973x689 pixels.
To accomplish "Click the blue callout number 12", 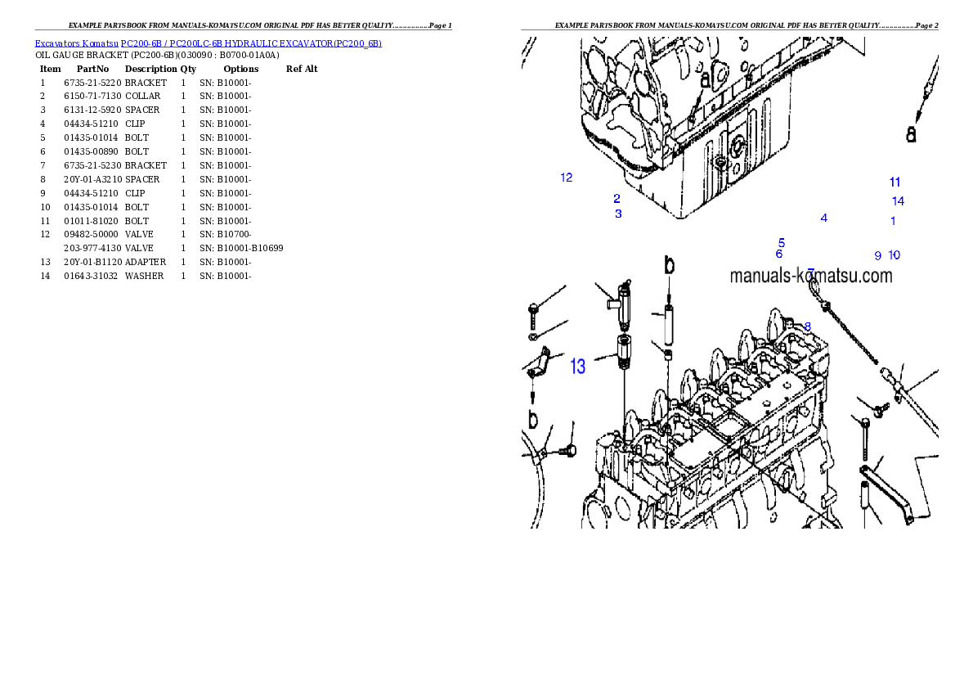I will point(566,178).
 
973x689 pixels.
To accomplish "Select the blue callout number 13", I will point(578,367).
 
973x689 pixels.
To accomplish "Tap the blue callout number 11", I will point(895,182).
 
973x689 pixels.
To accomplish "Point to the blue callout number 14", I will point(898,201).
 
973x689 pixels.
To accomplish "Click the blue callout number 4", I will point(824,218).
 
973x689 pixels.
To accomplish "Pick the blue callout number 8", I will point(807,326).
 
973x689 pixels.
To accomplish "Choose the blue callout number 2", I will point(617,198).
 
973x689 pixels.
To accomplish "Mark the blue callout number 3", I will point(618,214).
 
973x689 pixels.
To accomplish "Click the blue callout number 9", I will point(877,256).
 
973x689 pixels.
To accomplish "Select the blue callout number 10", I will point(894,255).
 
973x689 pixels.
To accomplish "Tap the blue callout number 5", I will point(782,243).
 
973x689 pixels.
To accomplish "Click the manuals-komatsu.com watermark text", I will point(810,277).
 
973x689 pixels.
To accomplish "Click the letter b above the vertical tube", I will point(669,265).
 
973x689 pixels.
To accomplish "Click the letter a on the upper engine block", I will point(705,80).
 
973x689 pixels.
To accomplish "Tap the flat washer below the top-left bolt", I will point(533,335).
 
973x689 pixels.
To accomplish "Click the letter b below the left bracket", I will point(533,420).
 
